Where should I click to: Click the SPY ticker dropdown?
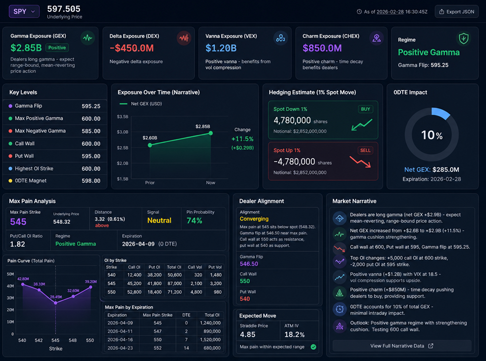click(24, 11)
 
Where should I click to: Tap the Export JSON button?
click(456, 12)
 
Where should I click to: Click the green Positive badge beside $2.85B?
click(57, 47)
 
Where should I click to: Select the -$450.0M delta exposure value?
click(132, 48)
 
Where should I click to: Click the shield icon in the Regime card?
click(464, 39)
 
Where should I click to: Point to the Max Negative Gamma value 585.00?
click(91, 131)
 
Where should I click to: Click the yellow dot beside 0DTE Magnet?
click(10, 181)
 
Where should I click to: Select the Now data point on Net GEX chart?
click(211, 133)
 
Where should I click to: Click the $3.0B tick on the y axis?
click(123, 132)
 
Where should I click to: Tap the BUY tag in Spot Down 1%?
click(365, 109)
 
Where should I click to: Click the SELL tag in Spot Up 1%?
click(365, 150)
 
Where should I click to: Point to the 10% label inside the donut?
click(432, 135)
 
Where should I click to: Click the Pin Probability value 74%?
click(194, 221)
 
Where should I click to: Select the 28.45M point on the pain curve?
click(56, 303)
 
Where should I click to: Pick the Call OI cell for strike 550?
click(134, 292)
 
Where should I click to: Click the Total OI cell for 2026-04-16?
click(210, 339)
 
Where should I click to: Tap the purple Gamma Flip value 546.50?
click(249, 264)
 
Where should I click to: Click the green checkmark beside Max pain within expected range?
click(313, 347)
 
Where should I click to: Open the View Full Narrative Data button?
click(402, 346)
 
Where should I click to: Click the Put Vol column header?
click(215, 267)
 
